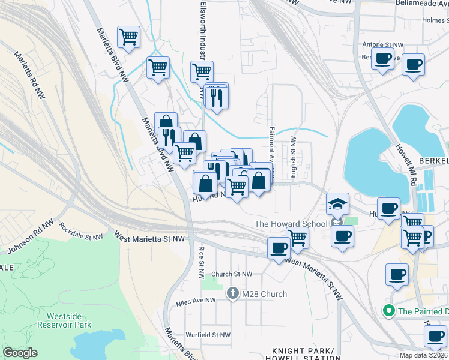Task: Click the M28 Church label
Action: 264,294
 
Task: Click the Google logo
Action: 20,353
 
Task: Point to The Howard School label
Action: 291,224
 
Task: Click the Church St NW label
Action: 232,274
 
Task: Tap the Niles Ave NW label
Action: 196,302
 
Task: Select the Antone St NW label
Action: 384,44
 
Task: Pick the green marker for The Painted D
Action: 388,311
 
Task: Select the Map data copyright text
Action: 423,355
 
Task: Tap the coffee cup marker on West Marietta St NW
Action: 279,248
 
